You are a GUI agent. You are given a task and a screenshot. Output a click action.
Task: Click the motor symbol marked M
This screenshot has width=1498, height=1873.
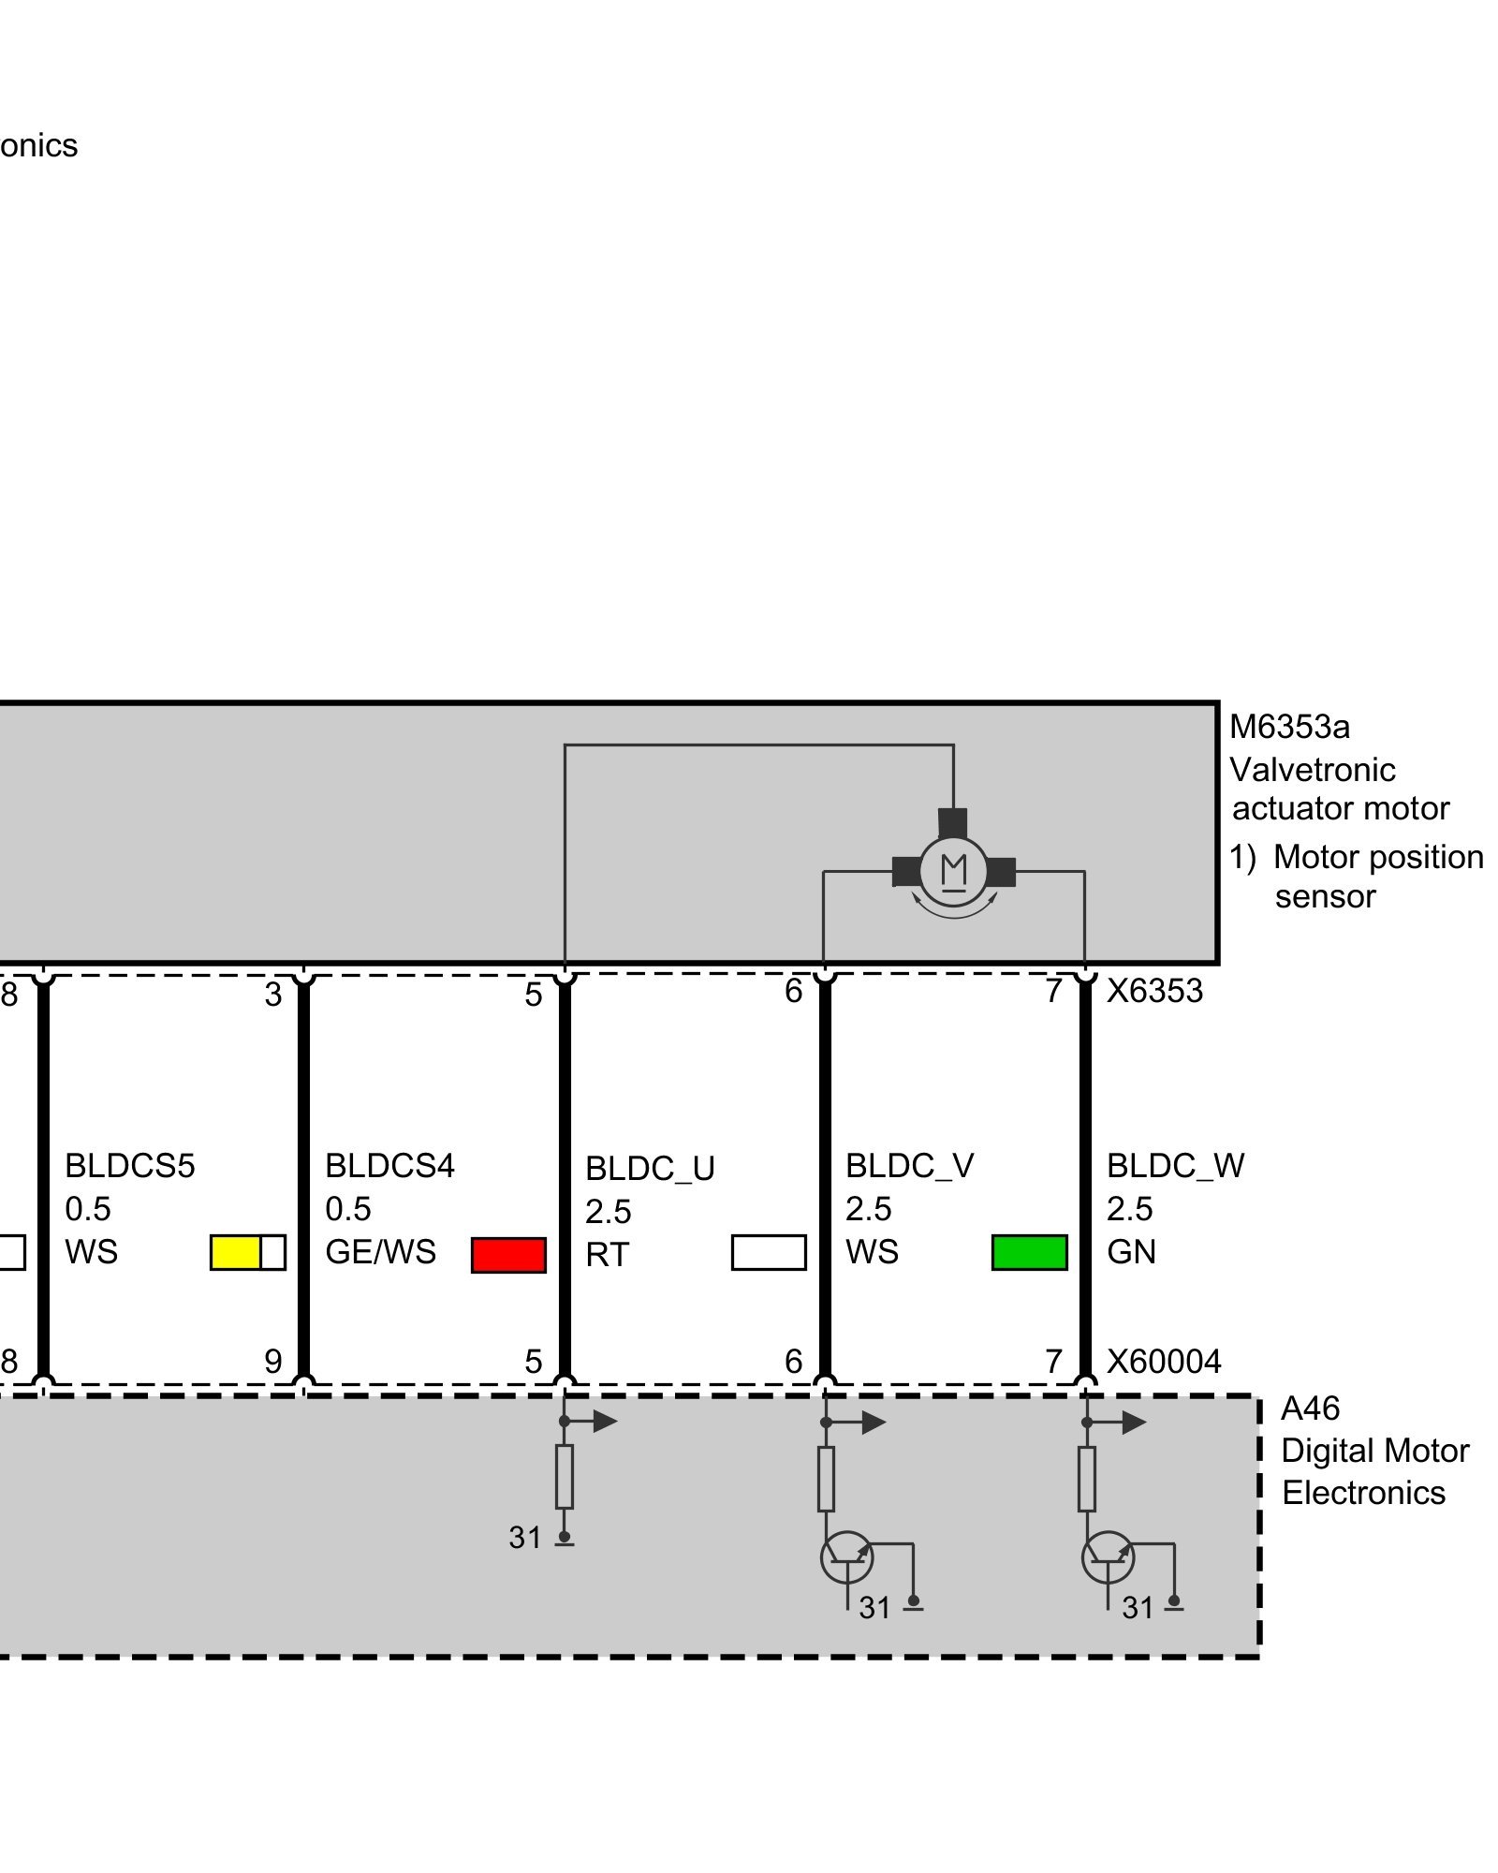(x=953, y=870)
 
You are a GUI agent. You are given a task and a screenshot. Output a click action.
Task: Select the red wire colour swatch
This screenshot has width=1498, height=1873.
(x=508, y=1255)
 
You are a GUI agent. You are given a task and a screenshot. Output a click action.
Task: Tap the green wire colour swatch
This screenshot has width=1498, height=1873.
(x=1029, y=1252)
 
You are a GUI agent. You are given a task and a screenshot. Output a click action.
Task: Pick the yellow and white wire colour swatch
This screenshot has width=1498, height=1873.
(x=247, y=1252)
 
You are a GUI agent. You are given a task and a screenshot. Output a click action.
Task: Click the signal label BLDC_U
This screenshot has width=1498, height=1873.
(x=650, y=1169)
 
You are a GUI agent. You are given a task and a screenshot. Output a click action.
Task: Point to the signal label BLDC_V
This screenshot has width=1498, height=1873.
(x=909, y=1166)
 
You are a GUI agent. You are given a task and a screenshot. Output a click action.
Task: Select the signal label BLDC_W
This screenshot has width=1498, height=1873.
(x=1175, y=1166)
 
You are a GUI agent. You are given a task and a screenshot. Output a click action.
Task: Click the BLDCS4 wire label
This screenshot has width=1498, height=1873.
(x=389, y=1166)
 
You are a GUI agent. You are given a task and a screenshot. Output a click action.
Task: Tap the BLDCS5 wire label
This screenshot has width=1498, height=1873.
(x=129, y=1166)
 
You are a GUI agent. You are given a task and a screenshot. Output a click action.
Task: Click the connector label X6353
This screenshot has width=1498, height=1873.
(x=1154, y=991)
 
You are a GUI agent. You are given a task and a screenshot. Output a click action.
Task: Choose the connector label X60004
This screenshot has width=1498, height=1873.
(x=1164, y=1362)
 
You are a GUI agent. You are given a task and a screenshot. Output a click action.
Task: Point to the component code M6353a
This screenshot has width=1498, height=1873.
(x=1289, y=727)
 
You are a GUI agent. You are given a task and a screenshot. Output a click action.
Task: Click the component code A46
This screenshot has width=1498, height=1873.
(x=1310, y=1408)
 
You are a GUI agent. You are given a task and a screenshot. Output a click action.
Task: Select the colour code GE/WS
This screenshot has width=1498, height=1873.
(x=380, y=1252)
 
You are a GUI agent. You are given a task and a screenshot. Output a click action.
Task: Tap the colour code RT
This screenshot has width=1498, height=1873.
(x=607, y=1255)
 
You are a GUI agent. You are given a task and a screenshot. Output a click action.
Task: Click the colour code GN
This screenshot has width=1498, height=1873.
(x=1131, y=1252)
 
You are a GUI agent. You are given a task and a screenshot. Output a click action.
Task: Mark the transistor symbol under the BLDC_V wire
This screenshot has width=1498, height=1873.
(x=846, y=1557)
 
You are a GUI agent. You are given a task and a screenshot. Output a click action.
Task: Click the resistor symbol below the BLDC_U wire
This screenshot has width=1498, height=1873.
(x=565, y=1477)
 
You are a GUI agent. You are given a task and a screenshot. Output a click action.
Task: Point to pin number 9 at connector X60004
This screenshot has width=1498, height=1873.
(x=272, y=1362)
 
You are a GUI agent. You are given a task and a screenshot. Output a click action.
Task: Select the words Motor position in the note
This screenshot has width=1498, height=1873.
(x=1378, y=857)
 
